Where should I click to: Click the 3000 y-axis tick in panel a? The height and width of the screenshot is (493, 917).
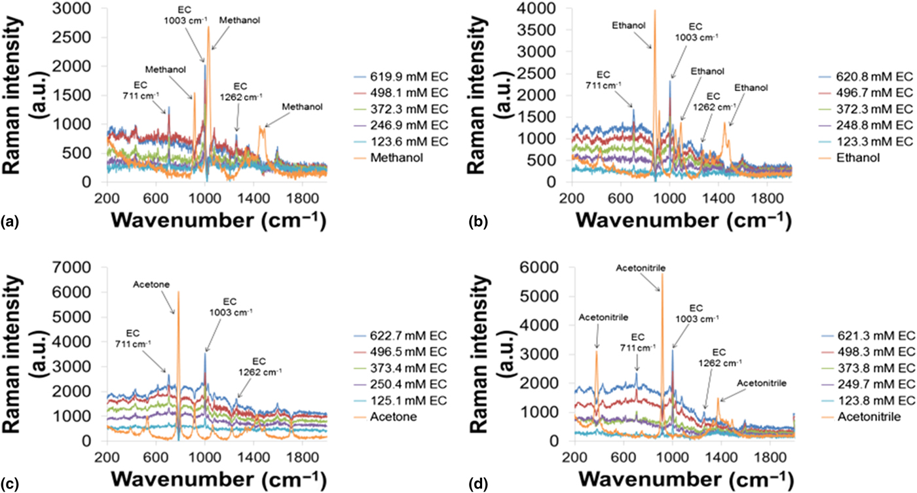79,9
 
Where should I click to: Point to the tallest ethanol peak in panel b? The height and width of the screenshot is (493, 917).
654,10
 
